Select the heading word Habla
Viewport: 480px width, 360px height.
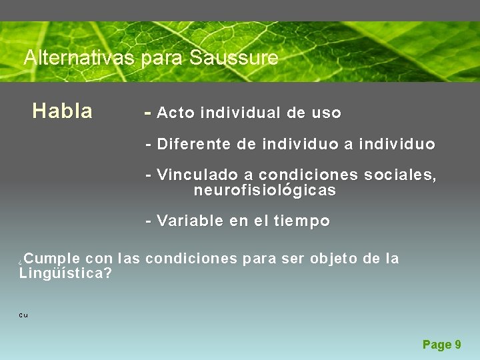click(62, 111)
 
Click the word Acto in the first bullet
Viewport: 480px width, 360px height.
click(176, 113)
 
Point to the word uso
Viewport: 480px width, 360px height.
click(327, 113)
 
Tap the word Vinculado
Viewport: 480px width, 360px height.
click(197, 175)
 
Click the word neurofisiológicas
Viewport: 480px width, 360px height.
click(265, 191)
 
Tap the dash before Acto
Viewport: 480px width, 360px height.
click(148, 113)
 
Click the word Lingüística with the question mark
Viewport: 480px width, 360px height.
click(65, 273)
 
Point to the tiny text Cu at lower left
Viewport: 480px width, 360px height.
click(23, 315)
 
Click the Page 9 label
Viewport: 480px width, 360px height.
click(441, 345)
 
